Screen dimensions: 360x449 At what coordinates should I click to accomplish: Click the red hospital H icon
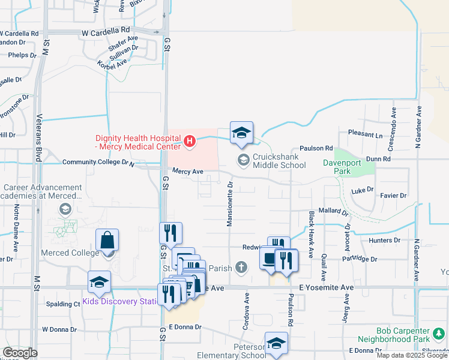click(x=190, y=142)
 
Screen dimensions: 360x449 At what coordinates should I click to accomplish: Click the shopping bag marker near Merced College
click(x=107, y=241)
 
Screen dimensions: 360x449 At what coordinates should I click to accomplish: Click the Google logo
click(x=20, y=353)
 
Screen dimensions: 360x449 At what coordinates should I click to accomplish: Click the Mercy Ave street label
click(x=188, y=172)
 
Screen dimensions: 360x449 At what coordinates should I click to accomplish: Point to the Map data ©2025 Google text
click(x=411, y=355)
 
